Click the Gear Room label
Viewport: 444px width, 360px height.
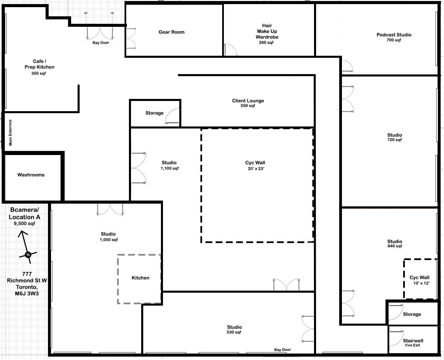[x=171, y=32]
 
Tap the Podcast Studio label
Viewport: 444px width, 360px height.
[x=394, y=35]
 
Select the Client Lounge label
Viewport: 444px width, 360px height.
[x=248, y=101]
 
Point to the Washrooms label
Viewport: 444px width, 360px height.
[x=31, y=175]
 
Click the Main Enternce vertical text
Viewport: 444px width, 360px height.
[x=10, y=133]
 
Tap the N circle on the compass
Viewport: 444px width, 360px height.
[x=28, y=255]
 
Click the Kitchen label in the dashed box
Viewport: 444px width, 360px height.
[x=141, y=278]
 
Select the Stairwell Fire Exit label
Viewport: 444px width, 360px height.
[x=413, y=343]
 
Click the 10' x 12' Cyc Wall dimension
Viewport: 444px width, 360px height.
[x=421, y=283]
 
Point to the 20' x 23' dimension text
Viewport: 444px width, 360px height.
[x=256, y=169]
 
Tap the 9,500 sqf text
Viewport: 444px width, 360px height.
[x=24, y=224]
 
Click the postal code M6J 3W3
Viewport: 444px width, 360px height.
[x=27, y=294]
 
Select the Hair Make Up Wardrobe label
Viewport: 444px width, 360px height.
[x=267, y=31]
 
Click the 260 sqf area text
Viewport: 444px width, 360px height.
[x=266, y=42]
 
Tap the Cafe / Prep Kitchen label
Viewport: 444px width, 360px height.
[x=39, y=64]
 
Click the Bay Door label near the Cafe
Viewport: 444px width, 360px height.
[x=101, y=43]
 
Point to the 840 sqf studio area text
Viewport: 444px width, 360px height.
[x=395, y=246]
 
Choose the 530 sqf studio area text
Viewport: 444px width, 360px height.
[x=234, y=332]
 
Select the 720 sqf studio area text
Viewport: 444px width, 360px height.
[x=394, y=140]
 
